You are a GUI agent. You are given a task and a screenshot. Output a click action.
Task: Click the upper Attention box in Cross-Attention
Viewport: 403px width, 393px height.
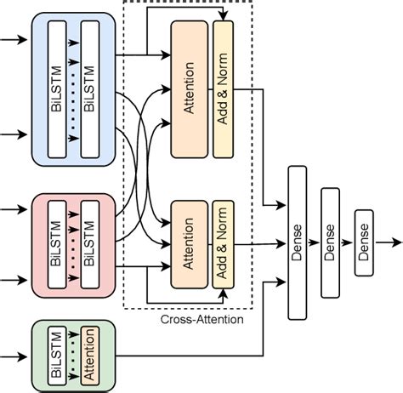point(189,89)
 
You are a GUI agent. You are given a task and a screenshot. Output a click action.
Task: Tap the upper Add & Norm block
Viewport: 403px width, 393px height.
point(223,89)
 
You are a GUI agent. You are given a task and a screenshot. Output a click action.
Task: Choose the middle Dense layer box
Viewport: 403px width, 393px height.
point(330,229)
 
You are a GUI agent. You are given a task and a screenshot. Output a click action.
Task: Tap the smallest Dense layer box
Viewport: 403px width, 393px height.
point(363,230)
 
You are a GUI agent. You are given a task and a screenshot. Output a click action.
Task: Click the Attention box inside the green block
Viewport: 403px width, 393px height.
point(88,354)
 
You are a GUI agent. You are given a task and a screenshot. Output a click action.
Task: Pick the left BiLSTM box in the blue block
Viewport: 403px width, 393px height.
point(59,89)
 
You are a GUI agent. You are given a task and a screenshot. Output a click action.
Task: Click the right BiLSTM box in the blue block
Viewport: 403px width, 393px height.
point(91,89)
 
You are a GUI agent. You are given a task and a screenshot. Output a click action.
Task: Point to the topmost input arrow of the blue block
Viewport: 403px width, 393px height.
point(12,40)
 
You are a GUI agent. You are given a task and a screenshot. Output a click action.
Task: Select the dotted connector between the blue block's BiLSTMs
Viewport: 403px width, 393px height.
point(75,89)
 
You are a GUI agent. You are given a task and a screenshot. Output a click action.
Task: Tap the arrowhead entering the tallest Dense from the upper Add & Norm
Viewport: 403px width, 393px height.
point(282,205)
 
